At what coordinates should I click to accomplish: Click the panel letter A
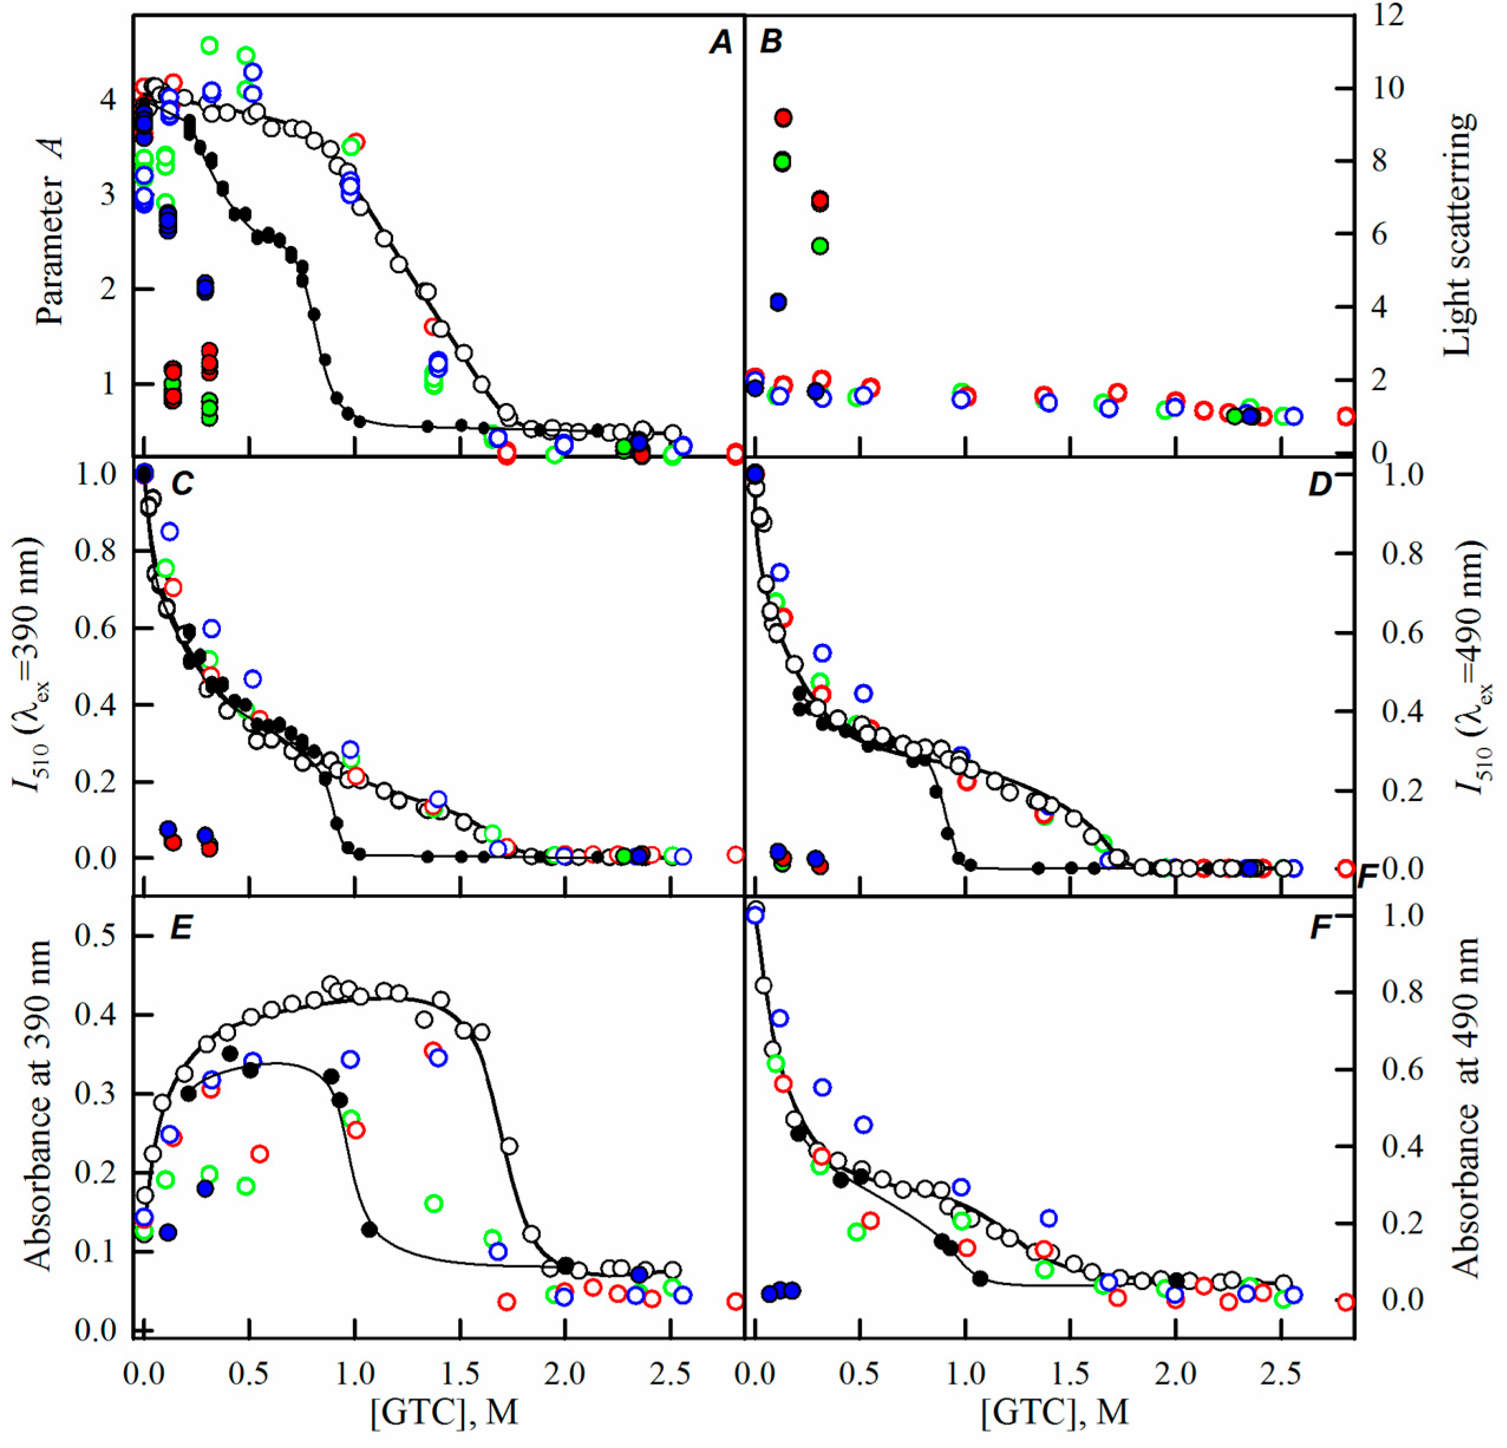point(720,43)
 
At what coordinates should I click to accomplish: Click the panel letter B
point(770,43)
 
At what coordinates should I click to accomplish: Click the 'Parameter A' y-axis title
point(51,231)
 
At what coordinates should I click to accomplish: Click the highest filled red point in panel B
point(783,117)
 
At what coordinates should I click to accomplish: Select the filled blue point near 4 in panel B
point(777,302)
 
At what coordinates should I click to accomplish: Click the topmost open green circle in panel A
point(208,45)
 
